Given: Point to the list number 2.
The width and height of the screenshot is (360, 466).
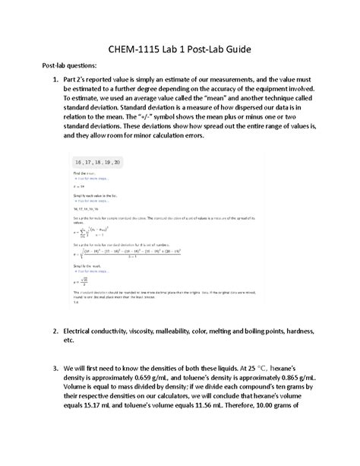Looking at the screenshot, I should (55, 332).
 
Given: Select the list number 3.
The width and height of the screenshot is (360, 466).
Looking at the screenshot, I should (55, 366).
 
